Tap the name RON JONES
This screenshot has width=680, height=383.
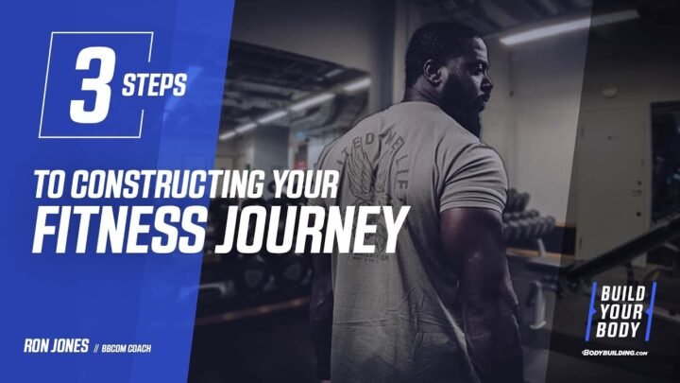pos(56,347)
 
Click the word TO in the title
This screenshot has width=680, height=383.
pos(43,183)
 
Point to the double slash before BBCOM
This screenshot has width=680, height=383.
pos(97,348)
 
